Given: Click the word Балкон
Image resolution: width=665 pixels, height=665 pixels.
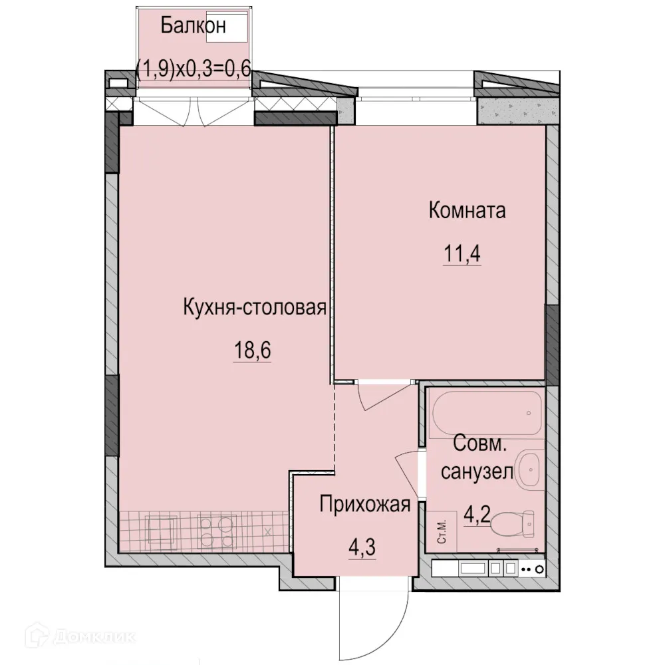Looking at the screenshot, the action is pos(193,26).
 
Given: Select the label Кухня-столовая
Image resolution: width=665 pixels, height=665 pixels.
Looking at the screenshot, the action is pos(255,307).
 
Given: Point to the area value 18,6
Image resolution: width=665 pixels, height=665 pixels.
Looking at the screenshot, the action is pos(252,350).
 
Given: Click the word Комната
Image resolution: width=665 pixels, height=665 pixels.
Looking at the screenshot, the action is pos(467,210).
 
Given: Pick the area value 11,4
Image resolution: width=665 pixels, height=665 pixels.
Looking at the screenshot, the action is pos(462,254).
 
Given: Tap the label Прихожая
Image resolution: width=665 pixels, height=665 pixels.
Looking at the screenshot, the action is pos(364,504).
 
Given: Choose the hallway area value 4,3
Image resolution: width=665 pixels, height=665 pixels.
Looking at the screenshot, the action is pos(362,547).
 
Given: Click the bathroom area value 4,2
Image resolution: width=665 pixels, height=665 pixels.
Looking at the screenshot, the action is pos(477,515).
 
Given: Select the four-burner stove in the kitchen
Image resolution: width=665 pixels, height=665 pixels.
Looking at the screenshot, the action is pos(216,531).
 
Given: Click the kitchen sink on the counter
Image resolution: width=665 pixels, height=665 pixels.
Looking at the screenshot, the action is pos(161,531).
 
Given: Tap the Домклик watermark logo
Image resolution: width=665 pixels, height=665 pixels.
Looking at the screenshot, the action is pos(80,636).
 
